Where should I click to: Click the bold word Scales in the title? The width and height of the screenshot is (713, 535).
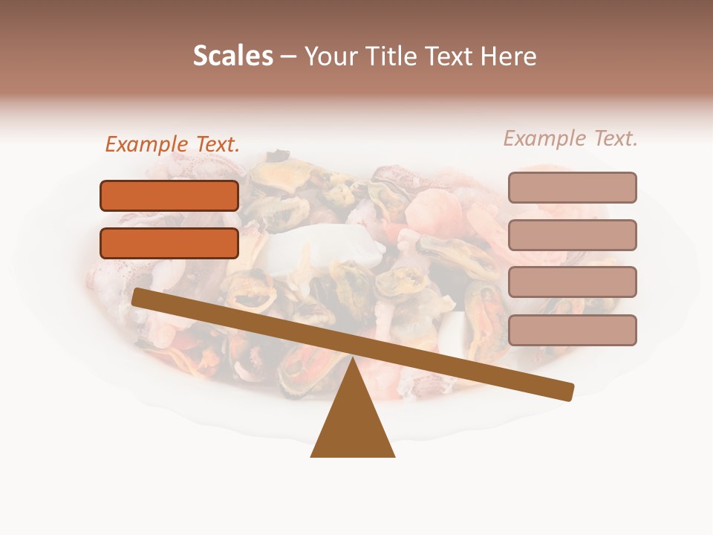coord(232,56)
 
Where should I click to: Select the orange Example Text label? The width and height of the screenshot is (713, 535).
coord(172,144)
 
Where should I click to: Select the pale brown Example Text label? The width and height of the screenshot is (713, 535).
coord(570,138)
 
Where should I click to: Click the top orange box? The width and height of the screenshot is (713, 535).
coord(169,195)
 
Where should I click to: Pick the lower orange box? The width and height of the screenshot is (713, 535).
coord(169,243)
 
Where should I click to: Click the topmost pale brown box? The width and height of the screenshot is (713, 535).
coord(572,187)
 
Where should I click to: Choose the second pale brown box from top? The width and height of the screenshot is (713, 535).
coord(572,235)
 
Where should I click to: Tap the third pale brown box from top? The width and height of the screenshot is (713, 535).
coord(572,282)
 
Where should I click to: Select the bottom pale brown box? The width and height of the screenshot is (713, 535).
coord(572,330)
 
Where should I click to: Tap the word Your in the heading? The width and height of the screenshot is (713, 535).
coord(331,56)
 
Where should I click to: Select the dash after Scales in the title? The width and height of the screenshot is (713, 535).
coord(289,56)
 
